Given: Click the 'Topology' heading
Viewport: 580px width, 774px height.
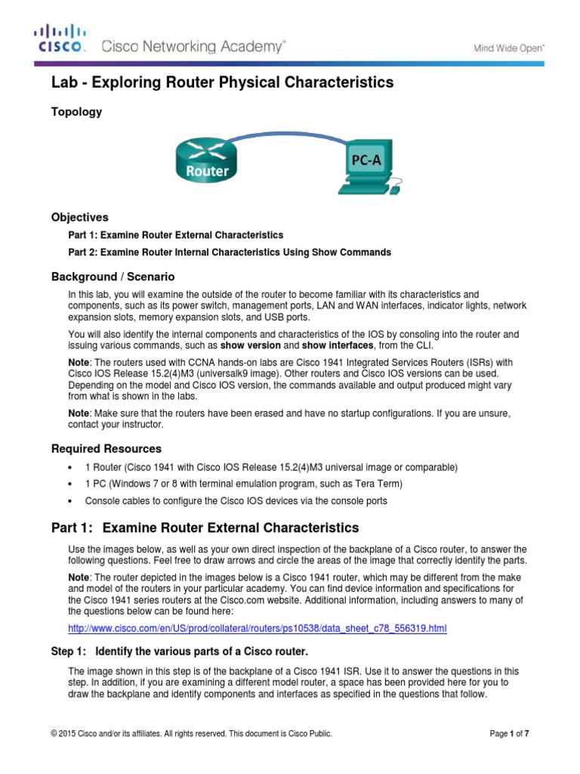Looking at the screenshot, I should [76, 112].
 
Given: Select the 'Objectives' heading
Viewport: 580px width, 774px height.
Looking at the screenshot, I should [79, 217].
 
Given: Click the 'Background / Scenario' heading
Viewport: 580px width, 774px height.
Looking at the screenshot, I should [113, 277].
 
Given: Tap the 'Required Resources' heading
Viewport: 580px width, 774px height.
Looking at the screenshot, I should [106, 448].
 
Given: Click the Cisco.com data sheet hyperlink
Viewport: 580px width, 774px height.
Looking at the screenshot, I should [258, 628].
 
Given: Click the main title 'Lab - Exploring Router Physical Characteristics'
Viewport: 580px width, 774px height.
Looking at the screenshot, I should [222, 82].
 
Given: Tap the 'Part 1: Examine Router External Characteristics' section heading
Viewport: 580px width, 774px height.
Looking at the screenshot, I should [205, 527].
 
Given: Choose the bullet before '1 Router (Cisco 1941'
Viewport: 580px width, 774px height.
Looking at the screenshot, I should [69, 467].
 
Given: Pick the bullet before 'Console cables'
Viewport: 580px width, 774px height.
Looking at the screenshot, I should [69, 501].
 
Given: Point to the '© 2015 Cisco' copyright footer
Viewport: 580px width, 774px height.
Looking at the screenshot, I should [191, 733].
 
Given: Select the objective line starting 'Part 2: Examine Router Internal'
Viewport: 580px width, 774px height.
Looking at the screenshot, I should [230, 252].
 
